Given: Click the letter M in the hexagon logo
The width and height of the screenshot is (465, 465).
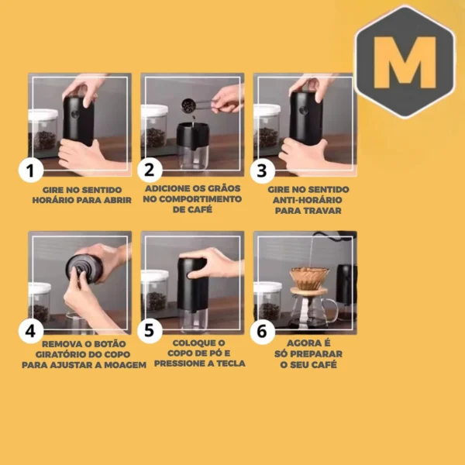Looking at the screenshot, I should [x=405, y=62].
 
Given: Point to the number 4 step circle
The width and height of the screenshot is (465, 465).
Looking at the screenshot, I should [x=30, y=331].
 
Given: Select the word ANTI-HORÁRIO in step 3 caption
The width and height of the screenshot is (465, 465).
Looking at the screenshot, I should [x=303, y=199].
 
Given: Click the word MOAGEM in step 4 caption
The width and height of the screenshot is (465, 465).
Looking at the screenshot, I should [x=124, y=364].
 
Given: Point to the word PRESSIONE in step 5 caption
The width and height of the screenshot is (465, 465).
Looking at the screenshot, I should [x=184, y=363].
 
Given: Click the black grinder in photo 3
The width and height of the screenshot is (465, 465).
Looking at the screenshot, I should [x=305, y=116].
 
